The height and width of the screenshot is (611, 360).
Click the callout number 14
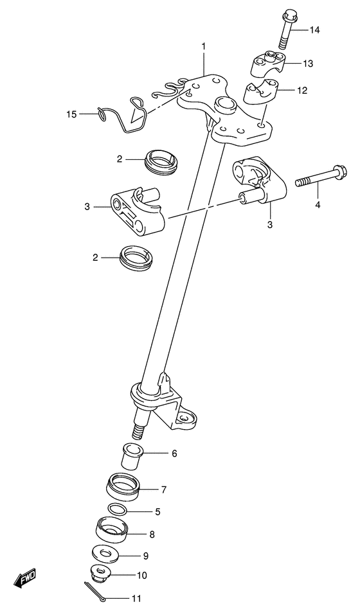point(314,30)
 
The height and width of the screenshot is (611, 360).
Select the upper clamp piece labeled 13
point(267,65)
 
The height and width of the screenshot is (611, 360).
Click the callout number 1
point(203,46)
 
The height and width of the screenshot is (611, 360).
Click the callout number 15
point(71,114)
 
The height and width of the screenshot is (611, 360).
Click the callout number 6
point(174,454)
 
